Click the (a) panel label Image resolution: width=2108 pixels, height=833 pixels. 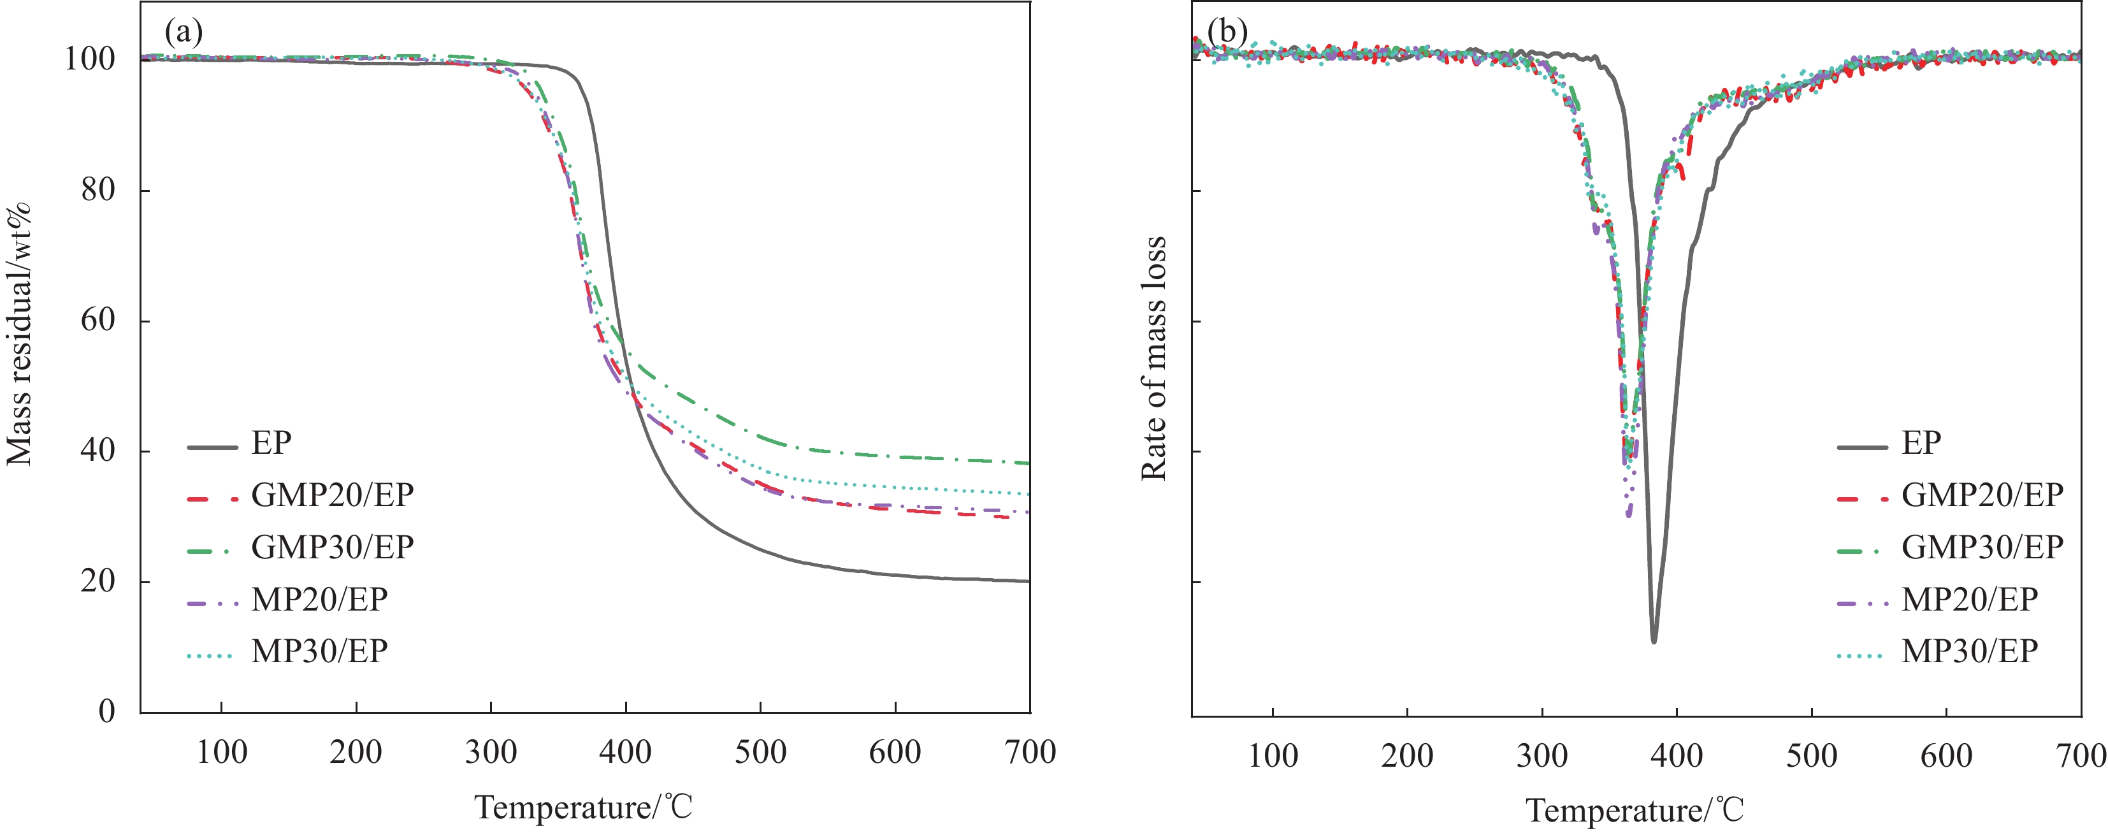tap(184, 32)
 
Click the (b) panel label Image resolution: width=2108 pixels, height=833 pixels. tap(1227, 32)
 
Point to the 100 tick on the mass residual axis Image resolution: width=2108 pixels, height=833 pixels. tap(90, 59)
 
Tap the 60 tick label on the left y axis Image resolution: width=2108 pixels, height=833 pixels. tap(97, 320)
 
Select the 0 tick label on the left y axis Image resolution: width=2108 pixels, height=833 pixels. tap(107, 711)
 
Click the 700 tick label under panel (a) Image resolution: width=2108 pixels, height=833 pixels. tap(1029, 752)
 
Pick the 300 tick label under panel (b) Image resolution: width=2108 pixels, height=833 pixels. tap(1541, 755)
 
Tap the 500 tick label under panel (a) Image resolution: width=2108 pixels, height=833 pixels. tap(760, 752)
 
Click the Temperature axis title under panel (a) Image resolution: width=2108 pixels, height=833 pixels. tap(584, 808)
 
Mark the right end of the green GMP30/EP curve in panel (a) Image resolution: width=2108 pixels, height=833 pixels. tap(1028, 463)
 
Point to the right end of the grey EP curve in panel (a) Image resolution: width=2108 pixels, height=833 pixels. tap(1028, 581)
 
